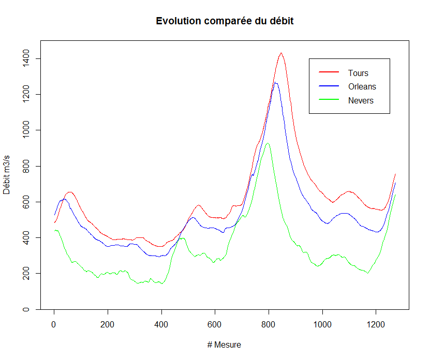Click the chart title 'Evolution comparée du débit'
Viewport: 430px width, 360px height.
coord(225,21)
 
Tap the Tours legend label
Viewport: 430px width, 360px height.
coord(358,73)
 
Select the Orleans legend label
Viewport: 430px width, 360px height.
coord(362,86)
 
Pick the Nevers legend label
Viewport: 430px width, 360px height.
coord(361,100)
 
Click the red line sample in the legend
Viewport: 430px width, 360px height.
coord(329,73)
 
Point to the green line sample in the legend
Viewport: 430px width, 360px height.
coord(329,100)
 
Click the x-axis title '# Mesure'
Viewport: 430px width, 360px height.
coord(224,345)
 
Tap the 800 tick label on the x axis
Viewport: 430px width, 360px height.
coord(269,324)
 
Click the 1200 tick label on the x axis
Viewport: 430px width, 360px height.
coord(376,324)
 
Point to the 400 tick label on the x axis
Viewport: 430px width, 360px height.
coord(161,324)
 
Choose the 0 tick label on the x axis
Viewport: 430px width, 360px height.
coord(54,324)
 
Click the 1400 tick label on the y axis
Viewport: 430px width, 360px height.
coord(24,58)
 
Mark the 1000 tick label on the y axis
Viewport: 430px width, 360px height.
coord(24,130)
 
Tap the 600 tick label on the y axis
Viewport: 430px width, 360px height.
coord(24,202)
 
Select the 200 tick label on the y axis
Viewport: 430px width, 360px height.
coord(24,273)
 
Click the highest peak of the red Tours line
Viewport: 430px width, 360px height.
coord(281,53)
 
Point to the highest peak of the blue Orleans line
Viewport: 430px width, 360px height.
coord(276,83)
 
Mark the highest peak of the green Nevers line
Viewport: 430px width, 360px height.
coord(268,143)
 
